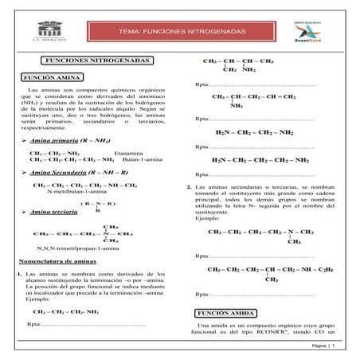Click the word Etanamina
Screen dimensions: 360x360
coord(128,153)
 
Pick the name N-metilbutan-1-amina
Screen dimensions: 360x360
coord(74,193)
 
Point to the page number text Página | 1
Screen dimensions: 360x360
coord(326,348)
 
